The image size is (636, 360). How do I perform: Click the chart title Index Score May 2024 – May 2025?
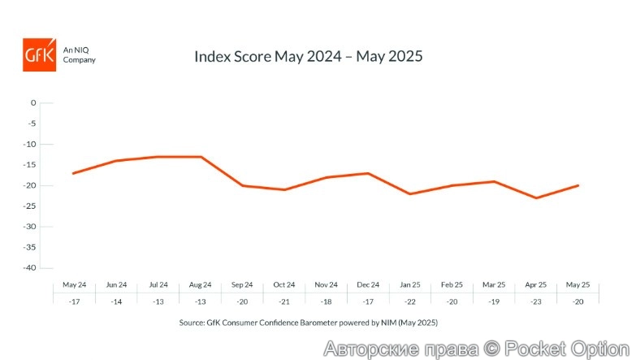pos(309,57)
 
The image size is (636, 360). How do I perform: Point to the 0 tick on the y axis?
pos(33,103)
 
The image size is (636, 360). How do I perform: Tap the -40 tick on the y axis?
pos(31,268)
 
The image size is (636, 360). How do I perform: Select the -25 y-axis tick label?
pos(31,206)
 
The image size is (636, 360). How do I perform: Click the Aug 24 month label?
pos(201,284)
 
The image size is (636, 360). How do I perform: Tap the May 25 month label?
pos(578,284)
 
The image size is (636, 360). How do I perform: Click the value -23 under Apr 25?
pos(536,300)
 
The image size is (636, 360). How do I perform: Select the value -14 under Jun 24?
pos(116,300)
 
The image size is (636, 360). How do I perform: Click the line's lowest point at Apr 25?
pos(536,197)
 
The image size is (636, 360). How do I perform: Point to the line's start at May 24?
pos(73,173)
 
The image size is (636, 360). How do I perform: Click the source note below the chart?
pos(309,323)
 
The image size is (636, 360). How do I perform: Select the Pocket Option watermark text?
pos(478,349)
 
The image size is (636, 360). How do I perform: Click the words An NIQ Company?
pos(80,54)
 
